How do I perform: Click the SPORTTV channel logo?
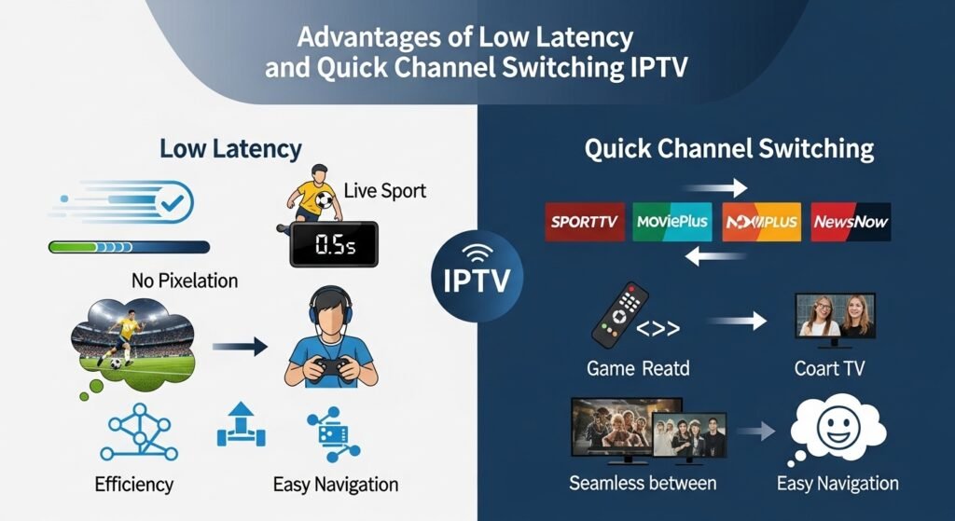coord(585,223)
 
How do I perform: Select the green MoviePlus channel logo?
coord(671,223)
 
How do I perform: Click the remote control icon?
coord(619,317)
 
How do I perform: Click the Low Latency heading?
coord(230,149)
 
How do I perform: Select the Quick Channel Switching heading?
coord(729,149)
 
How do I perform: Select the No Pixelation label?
coord(184,280)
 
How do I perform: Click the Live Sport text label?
coord(384,191)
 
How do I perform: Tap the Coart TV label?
coord(829,368)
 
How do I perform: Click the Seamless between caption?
coord(643,483)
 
